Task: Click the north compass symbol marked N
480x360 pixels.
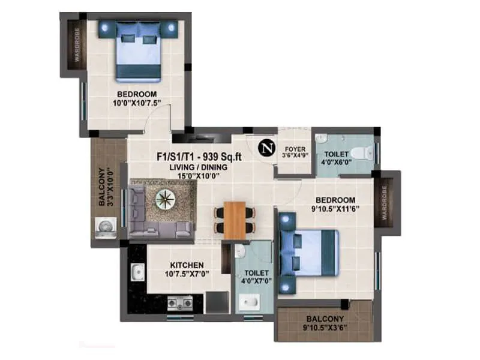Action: coord(265,148)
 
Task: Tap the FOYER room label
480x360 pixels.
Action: coord(295,148)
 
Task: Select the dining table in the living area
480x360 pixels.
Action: coord(235,220)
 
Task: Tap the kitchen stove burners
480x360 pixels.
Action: coord(179,302)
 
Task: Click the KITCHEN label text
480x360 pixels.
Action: coord(187,265)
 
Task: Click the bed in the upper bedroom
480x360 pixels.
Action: coord(139,50)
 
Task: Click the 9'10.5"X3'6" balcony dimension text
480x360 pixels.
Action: coord(325,328)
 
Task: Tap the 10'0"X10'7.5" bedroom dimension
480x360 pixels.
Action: coord(137,103)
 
